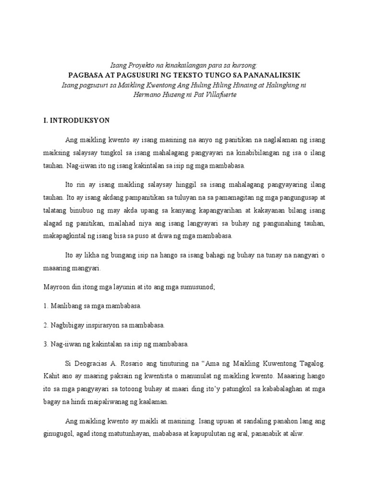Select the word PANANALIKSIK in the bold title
[274, 75]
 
